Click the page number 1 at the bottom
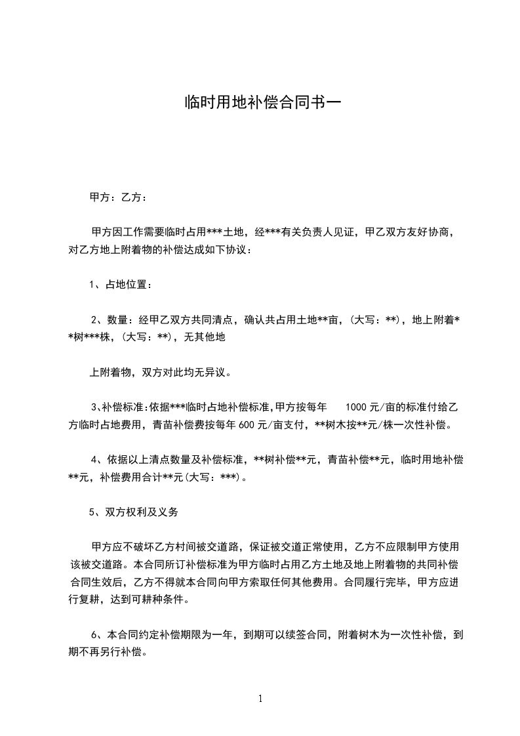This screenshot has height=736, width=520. [x=260, y=698]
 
